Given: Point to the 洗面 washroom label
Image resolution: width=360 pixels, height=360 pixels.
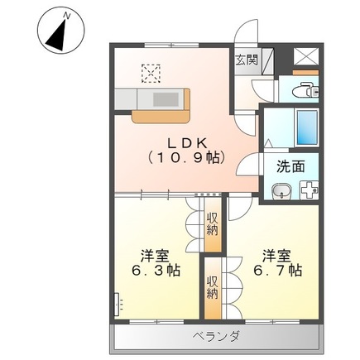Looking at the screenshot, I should [x=290, y=166].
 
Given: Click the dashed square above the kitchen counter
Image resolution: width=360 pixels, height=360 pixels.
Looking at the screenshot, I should [x=151, y=74].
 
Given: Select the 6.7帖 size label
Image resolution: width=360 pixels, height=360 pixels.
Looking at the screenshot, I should [x=277, y=271].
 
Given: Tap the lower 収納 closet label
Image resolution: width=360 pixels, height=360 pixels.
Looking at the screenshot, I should [x=212, y=286].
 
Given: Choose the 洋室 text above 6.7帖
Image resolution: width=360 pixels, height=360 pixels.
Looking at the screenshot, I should [x=277, y=253].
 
